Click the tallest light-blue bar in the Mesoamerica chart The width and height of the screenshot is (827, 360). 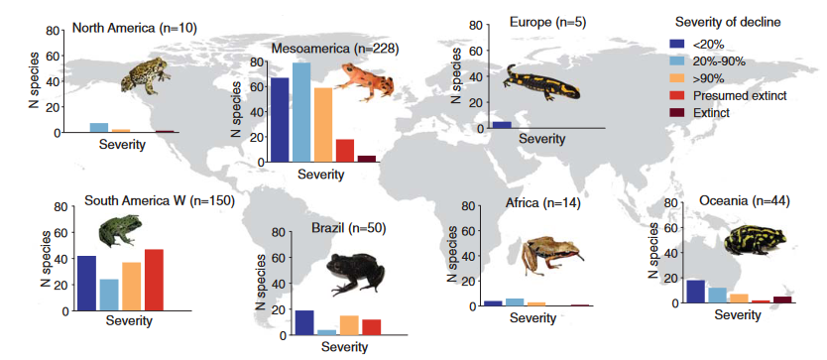click(301, 112)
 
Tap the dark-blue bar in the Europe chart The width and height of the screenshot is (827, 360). click(502, 125)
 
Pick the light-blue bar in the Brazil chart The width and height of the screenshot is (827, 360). click(326, 332)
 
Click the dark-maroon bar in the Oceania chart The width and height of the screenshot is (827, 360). click(782, 300)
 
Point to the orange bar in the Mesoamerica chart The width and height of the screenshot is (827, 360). click(323, 125)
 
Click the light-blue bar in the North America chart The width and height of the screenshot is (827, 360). click(99, 127)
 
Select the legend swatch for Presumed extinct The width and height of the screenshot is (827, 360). click(677, 95)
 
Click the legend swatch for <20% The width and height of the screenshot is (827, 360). click(677, 45)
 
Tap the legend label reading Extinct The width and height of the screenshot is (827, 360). click(711, 113)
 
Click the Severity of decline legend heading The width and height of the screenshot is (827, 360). click(729, 22)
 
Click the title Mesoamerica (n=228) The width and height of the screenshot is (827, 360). click(335, 49)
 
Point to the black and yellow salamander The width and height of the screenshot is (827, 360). click(540, 83)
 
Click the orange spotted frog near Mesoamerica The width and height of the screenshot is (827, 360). click(364, 80)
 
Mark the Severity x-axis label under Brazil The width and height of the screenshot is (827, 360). click(345, 347)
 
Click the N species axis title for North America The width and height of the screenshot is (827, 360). click(35, 80)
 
